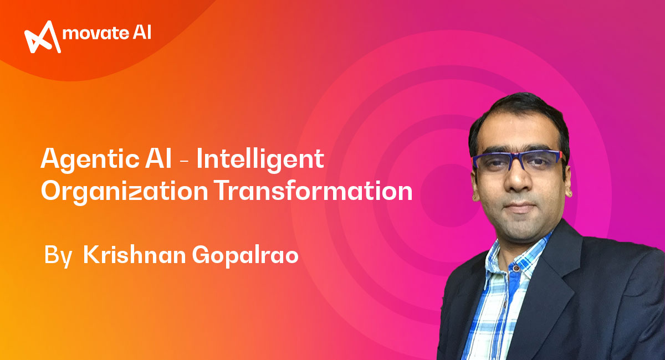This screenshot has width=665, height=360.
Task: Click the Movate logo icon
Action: pos(43,37)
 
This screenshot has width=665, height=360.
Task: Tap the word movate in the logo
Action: pos(95,33)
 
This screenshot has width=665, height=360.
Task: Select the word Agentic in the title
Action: pos(90,160)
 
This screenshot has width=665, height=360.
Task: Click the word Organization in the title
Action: pos(125,192)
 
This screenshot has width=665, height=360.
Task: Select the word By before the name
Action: pos(58,255)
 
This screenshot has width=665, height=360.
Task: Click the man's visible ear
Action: pos(568,181)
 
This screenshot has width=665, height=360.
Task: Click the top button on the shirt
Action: pos(516,269)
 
